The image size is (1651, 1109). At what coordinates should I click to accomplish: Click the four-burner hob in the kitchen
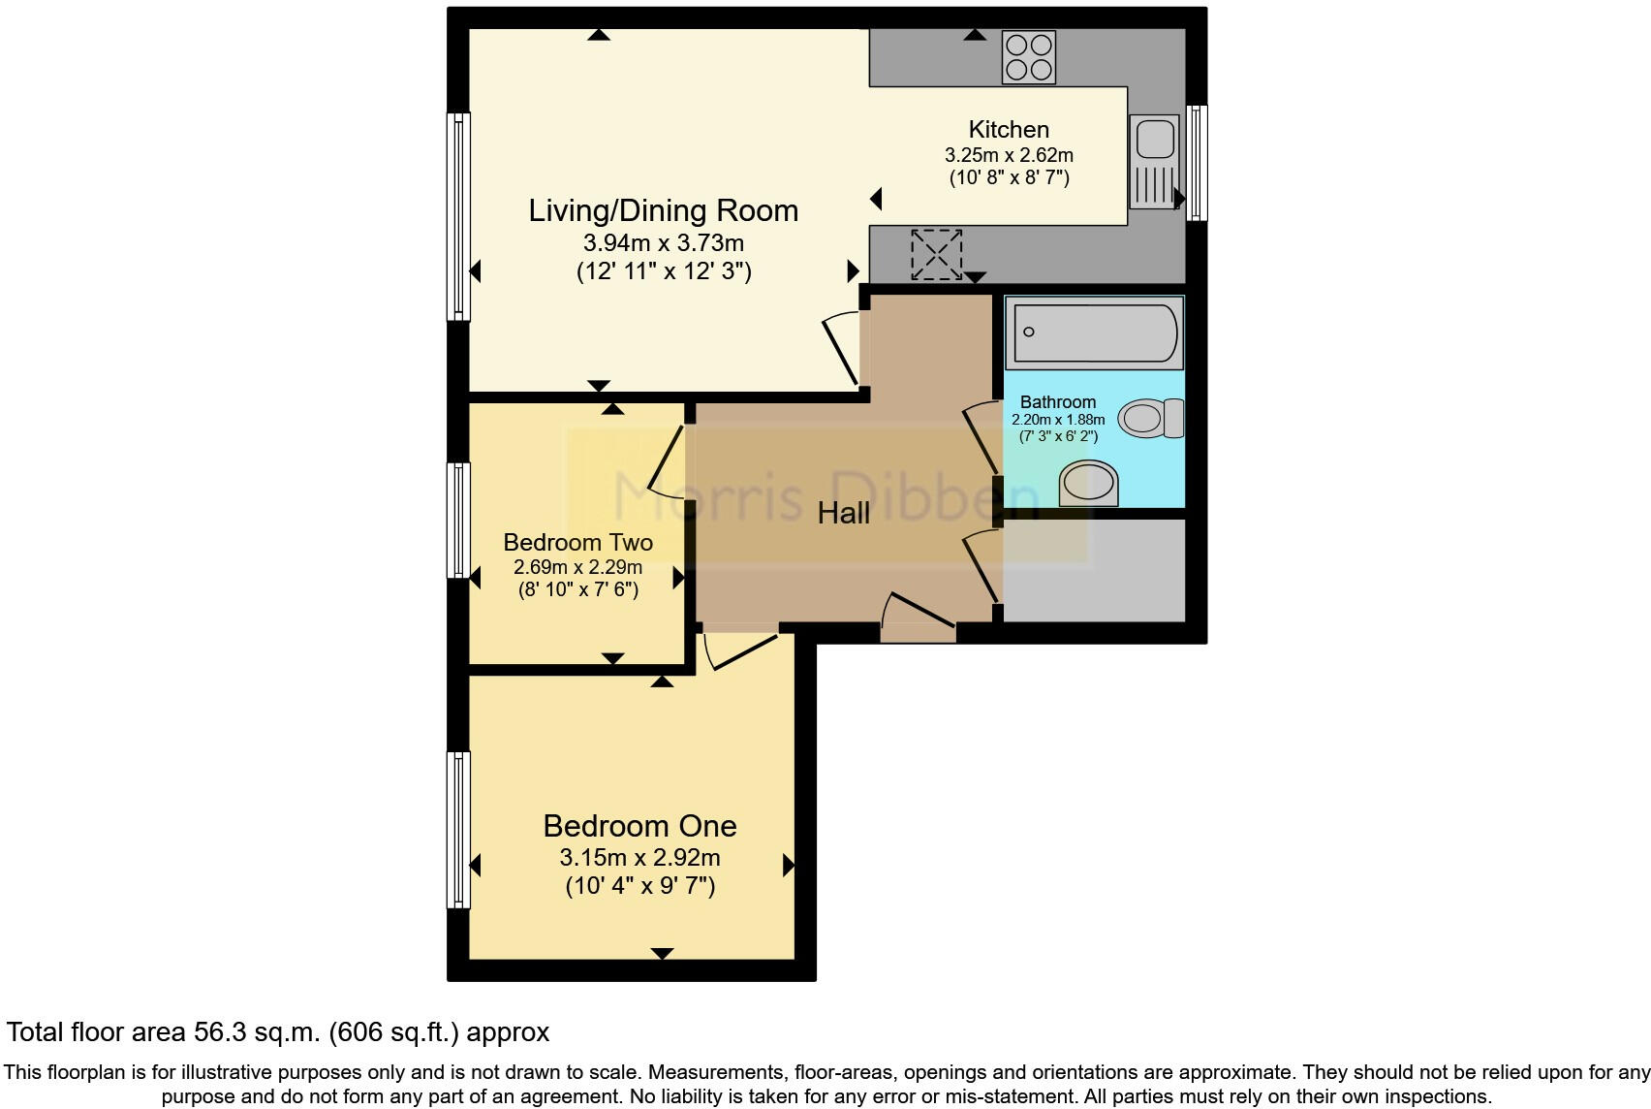click(x=1029, y=57)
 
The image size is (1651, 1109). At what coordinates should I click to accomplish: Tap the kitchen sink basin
click(x=1155, y=140)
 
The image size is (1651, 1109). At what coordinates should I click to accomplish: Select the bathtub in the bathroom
click(x=1095, y=333)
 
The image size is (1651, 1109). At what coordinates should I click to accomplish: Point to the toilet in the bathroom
click(x=1150, y=418)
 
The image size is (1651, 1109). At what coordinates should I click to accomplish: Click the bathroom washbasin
click(x=1089, y=484)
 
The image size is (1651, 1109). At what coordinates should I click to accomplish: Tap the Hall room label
click(x=843, y=513)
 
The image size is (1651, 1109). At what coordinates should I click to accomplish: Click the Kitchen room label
click(x=1009, y=129)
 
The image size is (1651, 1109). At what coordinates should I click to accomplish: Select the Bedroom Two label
click(x=577, y=542)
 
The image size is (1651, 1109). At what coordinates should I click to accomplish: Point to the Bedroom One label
click(x=639, y=826)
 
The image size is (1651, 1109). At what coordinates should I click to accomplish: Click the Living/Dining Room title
click(x=664, y=210)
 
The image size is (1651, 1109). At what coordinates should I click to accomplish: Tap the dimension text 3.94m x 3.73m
click(x=664, y=242)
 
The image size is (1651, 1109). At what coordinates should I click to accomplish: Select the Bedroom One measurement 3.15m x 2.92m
click(x=639, y=858)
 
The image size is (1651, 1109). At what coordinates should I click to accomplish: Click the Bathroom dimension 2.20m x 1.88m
click(x=1058, y=420)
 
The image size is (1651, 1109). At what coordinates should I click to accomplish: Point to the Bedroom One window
click(x=458, y=830)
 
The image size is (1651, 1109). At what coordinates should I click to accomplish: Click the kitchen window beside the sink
click(x=1197, y=163)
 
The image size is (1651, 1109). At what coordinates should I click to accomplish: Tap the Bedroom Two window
click(x=458, y=520)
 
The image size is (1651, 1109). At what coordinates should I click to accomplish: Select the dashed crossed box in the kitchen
click(x=937, y=254)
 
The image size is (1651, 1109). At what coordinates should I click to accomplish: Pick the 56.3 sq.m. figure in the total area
click(x=257, y=1031)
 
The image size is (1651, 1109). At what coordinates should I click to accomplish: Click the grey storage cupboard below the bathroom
click(x=1095, y=570)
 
